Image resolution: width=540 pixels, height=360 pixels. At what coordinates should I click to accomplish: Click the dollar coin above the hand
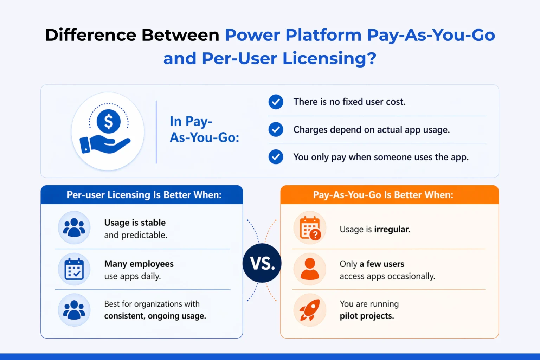[109, 121]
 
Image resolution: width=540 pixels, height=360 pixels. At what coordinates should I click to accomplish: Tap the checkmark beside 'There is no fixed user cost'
[276, 102]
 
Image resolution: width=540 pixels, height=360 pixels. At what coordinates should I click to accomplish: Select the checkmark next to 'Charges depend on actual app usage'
[276, 130]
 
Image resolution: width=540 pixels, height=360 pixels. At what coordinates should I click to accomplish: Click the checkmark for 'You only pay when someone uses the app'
[276, 157]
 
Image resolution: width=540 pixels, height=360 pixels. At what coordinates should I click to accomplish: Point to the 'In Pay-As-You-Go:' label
[204, 129]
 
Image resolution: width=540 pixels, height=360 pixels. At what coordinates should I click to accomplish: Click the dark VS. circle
[262, 263]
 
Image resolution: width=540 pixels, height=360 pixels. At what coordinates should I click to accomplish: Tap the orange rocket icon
[310, 310]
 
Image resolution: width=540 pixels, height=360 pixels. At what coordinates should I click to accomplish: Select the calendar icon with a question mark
[310, 228]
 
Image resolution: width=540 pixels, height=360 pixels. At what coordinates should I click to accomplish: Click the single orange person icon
[310, 269]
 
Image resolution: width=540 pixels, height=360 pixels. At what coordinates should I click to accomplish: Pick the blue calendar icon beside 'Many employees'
[74, 269]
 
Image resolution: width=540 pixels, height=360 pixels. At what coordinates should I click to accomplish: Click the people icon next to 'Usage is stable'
[74, 227]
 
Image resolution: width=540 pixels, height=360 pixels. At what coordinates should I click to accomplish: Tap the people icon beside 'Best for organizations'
[74, 310]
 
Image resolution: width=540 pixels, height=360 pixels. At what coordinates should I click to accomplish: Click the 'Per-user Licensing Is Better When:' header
[144, 195]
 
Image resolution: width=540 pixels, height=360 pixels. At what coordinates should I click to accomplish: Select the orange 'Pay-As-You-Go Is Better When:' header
[383, 195]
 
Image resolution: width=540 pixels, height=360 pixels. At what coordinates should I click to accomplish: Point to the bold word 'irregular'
[392, 229]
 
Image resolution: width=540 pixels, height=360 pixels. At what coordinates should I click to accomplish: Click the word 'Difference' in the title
[90, 35]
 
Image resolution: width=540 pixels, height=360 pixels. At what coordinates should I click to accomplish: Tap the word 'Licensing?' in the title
[329, 58]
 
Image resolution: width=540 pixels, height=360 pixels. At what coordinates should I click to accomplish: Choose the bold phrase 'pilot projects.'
[367, 316]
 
